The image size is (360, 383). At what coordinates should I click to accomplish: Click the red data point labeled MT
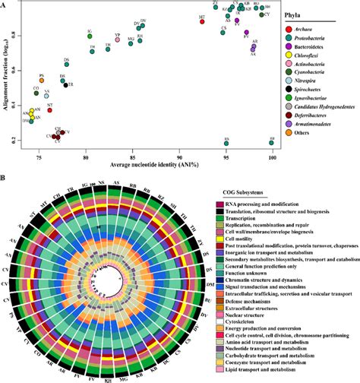coord(203,21)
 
